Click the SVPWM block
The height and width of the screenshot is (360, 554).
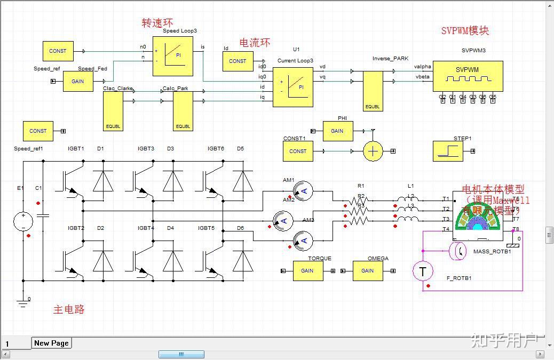(x=468, y=76)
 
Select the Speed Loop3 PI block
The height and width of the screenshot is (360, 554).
(x=173, y=57)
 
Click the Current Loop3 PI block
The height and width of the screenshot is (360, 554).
(x=292, y=87)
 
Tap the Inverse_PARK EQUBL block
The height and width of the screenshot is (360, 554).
(x=373, y=91)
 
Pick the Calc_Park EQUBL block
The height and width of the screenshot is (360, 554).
(x=183, y=111)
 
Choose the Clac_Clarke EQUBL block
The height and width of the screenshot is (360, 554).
(x=113, y=111)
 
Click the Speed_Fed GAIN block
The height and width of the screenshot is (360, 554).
(x=78, y=82)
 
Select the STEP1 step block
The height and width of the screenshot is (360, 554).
(x=447, y=151)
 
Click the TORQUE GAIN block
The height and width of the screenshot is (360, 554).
(x=307, y=271)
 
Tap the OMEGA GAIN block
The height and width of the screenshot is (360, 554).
(x=368, y=271)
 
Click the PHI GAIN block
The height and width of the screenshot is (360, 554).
(x=337, y=131)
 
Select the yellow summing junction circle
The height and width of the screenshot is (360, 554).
(x=374, y=151)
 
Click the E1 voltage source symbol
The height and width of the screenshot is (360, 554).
(x=23, y=221)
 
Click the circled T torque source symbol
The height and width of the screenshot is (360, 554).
(x=423, y=271)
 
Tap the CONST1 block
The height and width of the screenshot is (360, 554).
(x=298, y=151)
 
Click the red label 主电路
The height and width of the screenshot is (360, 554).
(x=69, y=309)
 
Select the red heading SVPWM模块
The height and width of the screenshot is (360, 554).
(x=464, y=30)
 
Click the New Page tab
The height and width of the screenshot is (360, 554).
(x=51, y=343)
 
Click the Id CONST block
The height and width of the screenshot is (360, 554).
(x=238, y=61)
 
